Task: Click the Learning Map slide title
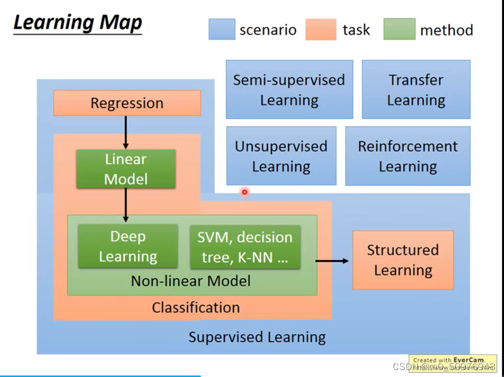77,23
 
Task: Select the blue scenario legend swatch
221,29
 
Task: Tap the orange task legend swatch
320,29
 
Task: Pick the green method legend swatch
399,29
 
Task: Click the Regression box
127,103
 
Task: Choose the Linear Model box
125,169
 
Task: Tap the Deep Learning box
128,246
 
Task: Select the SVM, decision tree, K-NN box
245,246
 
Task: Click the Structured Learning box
403,260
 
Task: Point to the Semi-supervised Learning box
289,90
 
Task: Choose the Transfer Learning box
415,90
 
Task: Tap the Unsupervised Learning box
281,156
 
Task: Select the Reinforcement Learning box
407,156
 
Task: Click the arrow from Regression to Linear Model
125,132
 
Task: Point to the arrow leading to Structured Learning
332,260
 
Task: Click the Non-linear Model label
191,281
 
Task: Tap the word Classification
196,307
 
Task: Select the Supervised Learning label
257,337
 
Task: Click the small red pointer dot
245,192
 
